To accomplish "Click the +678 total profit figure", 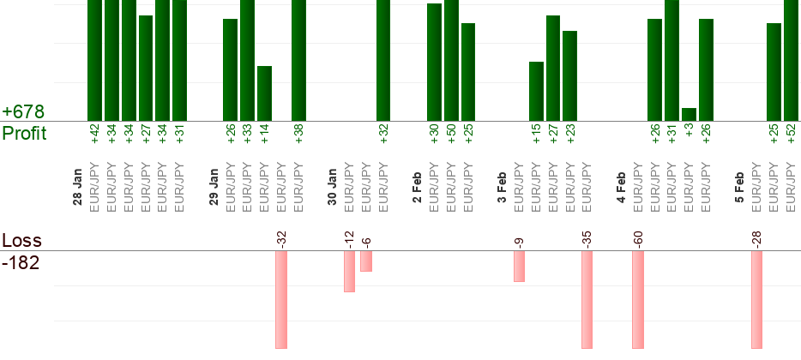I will pos(23,112).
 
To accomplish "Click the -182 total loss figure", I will pos(21,262).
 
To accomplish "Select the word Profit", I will pos(24,134).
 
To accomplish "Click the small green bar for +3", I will pos(689,114).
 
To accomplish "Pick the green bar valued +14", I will pos(265,93).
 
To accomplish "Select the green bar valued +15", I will pos(537,91).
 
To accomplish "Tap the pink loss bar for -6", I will pos(366,261).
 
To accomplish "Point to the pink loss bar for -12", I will pos(349,271).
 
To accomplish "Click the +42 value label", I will pos(95,135).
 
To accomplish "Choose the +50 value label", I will pos(452,135).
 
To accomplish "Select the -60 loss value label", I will pos(638,237).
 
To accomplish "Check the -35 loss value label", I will pos(587,237).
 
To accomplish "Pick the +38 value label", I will pos(299,135).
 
